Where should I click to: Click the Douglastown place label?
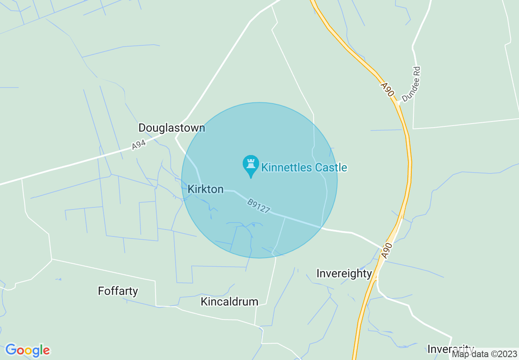tap(171, 128)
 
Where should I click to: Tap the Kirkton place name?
tap(205, 189)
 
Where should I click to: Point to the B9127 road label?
tap(258, 206)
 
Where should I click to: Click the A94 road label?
tap(139, 145)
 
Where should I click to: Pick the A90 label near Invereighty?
tap(386, 250)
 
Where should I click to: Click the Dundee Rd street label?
tap(411, 85)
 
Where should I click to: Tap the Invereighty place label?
tap(344, 273)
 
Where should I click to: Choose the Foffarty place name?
tap(118, 291)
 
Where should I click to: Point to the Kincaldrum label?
tap(229, 301)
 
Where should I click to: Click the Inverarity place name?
tap(451, 349)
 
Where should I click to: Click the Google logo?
tap(27, 350)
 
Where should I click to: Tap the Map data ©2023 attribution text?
tap(484, 354)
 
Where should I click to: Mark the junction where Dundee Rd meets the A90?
tap(398, 103)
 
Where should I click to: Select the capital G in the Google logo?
tap(11, 350)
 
